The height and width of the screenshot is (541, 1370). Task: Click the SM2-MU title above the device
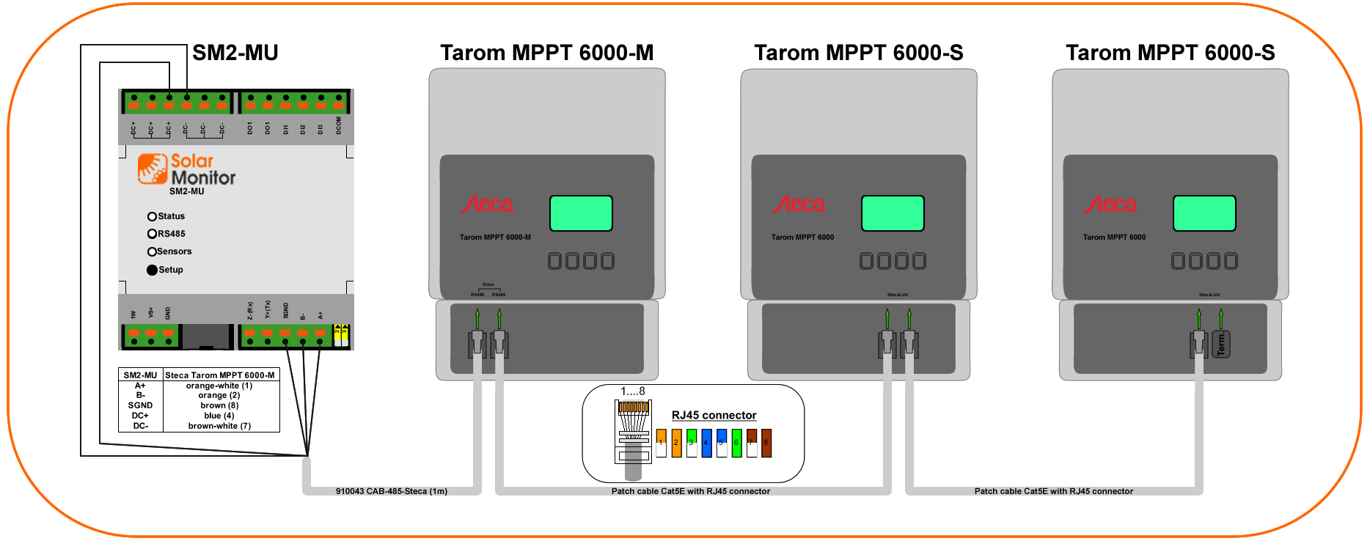pos(235,53)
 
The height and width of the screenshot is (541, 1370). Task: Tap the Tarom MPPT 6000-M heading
pos(546,53)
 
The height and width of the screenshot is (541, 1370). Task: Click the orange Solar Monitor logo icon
pos(153,169)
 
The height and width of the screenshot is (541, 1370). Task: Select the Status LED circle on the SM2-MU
pos(152,216)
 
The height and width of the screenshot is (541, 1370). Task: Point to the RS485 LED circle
pos(152,234)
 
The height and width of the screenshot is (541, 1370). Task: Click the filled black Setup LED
pos(152,270)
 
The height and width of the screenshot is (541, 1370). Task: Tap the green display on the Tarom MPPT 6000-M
pos(581,213)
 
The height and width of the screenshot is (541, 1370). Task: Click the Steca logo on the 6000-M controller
pos(488,205)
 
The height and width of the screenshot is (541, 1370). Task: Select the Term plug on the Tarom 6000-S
pos(1221,344)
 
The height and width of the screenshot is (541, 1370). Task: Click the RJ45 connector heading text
pos(714,415)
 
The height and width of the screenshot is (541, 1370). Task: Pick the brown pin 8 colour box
pos(766,443)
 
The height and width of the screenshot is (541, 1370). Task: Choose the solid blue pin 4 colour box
pos(706,443)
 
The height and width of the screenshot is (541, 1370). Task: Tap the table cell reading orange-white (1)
pos(219,386)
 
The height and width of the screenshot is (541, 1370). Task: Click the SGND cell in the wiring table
pos(140,405)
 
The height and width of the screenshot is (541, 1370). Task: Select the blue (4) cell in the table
pos(219,416)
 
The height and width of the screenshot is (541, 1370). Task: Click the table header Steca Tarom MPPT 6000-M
pos(220,375)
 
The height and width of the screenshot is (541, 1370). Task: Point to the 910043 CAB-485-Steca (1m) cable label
pos(392,491)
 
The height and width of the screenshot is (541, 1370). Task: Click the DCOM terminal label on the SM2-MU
pos(339,125)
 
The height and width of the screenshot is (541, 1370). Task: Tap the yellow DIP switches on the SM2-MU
pos(341,335)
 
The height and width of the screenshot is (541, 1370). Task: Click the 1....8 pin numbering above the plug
pos(633,391)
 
